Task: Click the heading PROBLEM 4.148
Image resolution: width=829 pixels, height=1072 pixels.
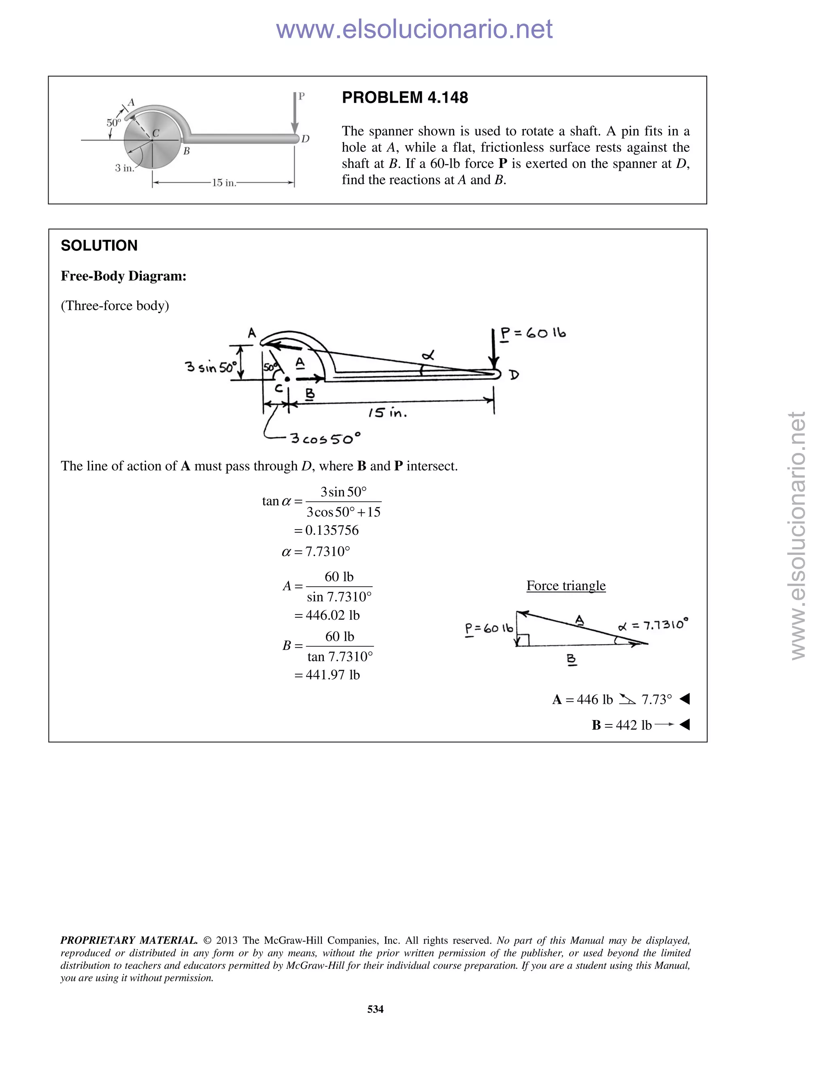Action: (x=405, y=97)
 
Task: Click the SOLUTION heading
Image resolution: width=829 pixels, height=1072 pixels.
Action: (x=99, y=246)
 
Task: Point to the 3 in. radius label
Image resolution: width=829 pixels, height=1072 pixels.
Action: (x=124, y=168)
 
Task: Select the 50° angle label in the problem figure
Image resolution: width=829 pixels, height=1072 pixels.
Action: (x=113, y=123)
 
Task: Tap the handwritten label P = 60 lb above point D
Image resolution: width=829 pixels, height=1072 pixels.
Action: (x=533, y=333)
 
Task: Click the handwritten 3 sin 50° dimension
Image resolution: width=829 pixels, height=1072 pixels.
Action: (x=210, y=367)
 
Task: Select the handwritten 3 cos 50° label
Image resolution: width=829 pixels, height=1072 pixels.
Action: (x=325, y=438)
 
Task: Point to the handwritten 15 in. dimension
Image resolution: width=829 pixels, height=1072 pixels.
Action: (x=387, y=413)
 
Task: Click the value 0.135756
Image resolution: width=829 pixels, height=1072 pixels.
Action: (x=332, y=530)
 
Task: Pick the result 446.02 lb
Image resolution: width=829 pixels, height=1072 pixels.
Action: (x=332, y=615)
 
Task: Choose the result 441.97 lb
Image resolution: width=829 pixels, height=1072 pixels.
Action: (x=332, y=675)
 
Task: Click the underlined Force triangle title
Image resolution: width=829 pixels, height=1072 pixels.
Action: (x=566, y=586)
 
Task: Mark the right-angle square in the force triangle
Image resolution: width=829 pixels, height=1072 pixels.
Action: (x=523, y=640)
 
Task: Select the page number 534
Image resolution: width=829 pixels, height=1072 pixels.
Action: (x=375, y=1008)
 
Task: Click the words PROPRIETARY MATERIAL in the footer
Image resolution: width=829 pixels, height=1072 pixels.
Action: (x=129, y=941)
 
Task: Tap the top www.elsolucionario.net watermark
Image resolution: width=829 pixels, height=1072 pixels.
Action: (x=414, y=30)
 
